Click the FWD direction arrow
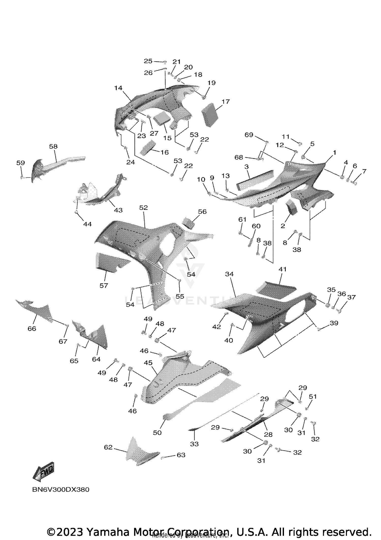tap(43, 472)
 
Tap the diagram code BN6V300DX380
tap(61, 490)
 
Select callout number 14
tap(118, 88)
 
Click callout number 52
tap(143, 207)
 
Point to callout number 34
tap(229, 274)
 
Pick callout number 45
tap(148, 363)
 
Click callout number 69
tap(249, 135)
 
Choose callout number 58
tap(53, 146)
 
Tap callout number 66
tap(32, 328)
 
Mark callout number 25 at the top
tap(148, 61)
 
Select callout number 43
tap(118, 210)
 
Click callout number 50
tap(157, 432)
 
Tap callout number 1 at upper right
tap(335, 153)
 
